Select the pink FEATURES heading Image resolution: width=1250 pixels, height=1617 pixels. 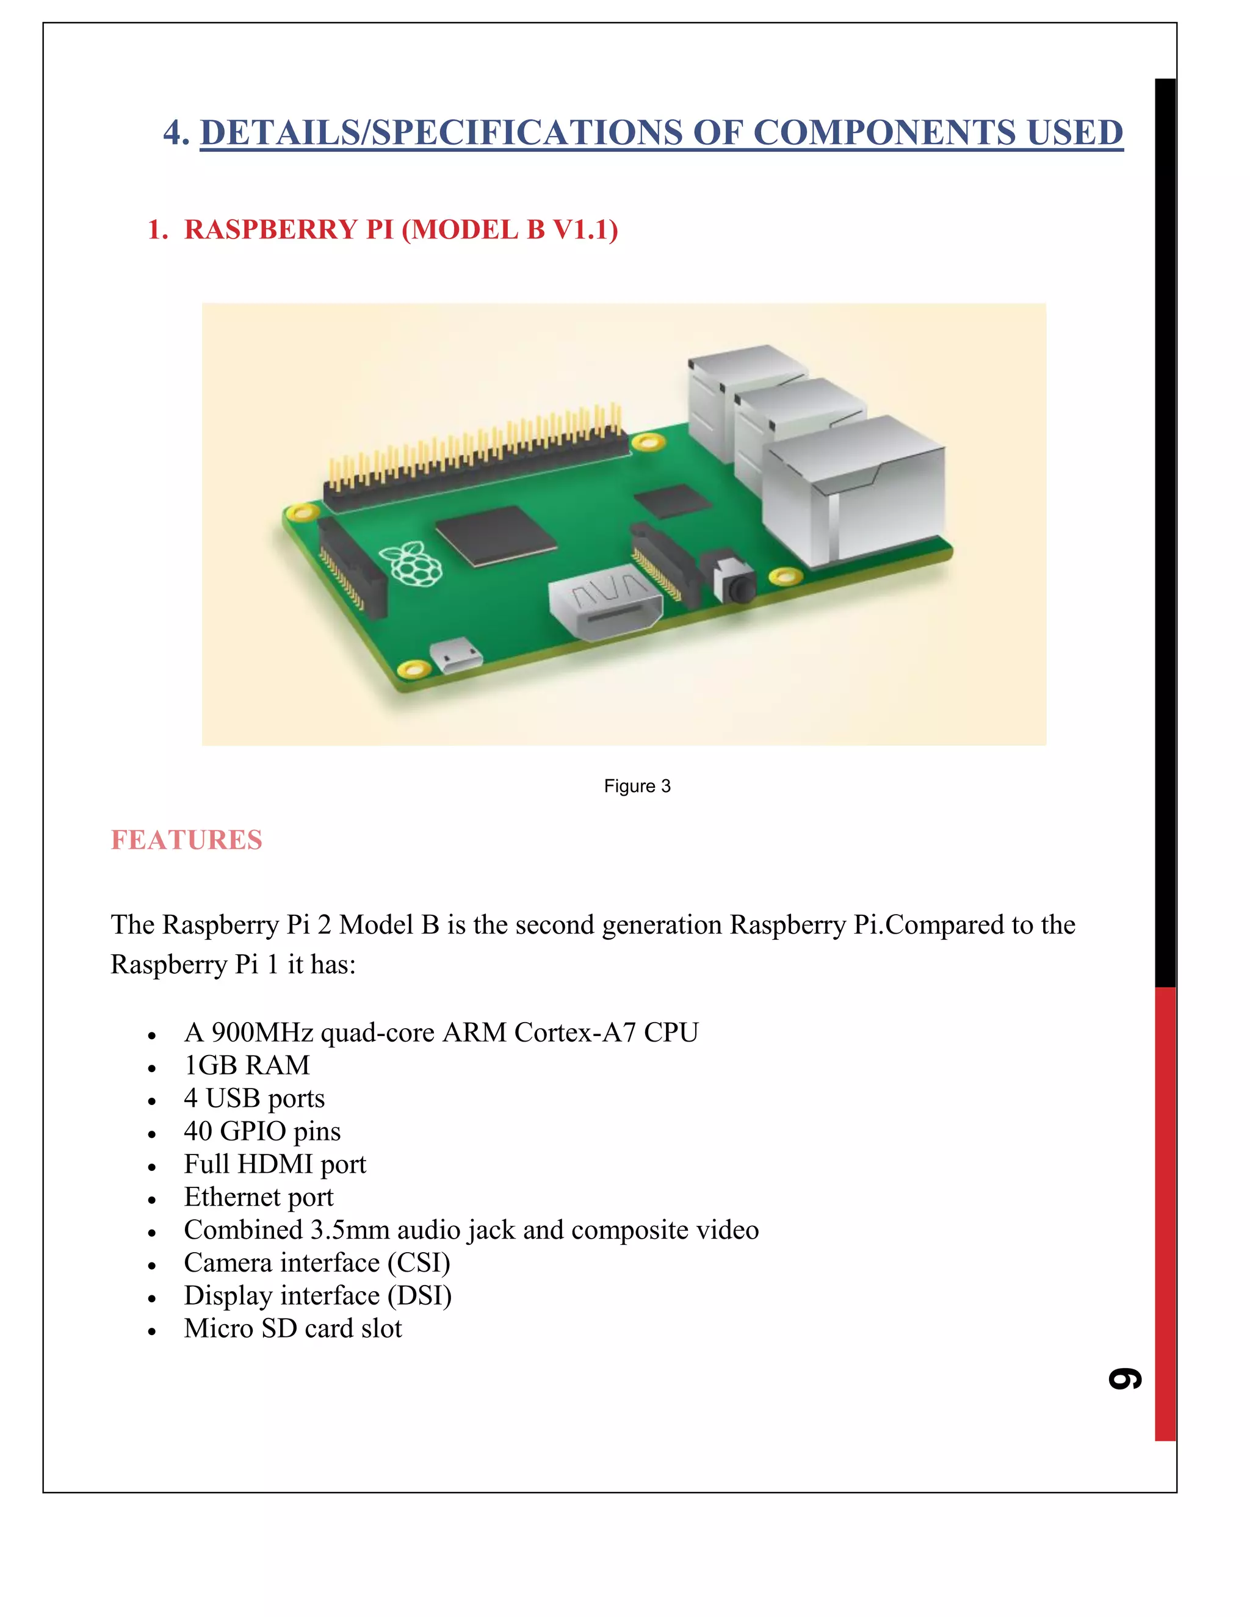pos(186,840)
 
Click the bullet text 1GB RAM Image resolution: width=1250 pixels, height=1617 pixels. pos(247,1065)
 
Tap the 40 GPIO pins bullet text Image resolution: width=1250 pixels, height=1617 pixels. pos(262,1131)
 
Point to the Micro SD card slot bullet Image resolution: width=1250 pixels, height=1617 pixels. pos(292,1328)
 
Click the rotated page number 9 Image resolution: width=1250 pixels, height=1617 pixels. pos(1125,1378)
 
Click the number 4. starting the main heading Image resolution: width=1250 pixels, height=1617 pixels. pos(176,132)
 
